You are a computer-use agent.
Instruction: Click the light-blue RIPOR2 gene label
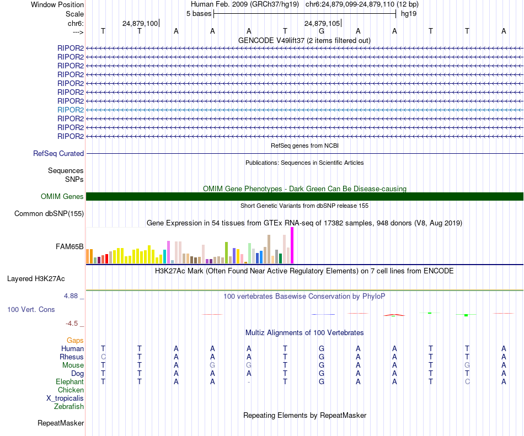[71, 110]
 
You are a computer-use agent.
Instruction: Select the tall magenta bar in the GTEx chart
[292, 246]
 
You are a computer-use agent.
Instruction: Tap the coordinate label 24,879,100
[140, 23]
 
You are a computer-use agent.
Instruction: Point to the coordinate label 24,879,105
[322, 23]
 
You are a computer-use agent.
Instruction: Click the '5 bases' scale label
[199, 14]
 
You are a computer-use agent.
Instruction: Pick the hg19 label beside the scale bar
[409, 14]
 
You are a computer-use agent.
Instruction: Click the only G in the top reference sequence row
[322, 31]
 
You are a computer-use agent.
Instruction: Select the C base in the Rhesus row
[103, 357]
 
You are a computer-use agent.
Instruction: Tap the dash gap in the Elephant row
[249, 381]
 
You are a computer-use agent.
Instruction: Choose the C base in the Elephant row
[467, 381]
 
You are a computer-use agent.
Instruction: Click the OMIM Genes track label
[62, 197]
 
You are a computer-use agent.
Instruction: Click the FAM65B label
[70, 247]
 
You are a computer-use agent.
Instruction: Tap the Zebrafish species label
[69, 407]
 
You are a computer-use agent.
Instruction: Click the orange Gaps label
[75, 341]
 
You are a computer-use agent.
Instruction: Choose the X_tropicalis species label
[65, 398]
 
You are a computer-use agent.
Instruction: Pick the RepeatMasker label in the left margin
[61, 423]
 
